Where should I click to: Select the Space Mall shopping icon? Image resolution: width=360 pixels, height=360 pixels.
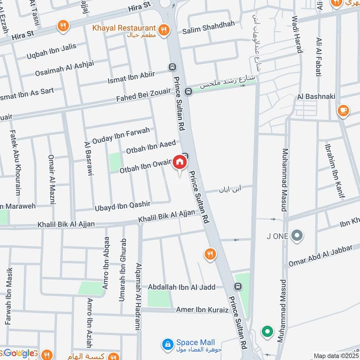click(x=167, y=344)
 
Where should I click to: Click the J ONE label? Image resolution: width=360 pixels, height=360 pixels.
click(x=278, y=235)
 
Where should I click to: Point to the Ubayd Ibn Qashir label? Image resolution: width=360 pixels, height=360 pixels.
click(x=122, y=204)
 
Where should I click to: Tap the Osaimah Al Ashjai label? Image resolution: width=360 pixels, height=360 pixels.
click(x=67, y=69)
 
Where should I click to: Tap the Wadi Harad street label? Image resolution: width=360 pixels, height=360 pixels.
click(x=295, y=34)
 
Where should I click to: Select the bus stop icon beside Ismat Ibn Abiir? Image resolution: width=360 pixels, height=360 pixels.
click(x=172, y=67)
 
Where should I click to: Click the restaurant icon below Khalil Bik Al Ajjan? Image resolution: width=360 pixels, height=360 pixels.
click(x=209, y=255)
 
